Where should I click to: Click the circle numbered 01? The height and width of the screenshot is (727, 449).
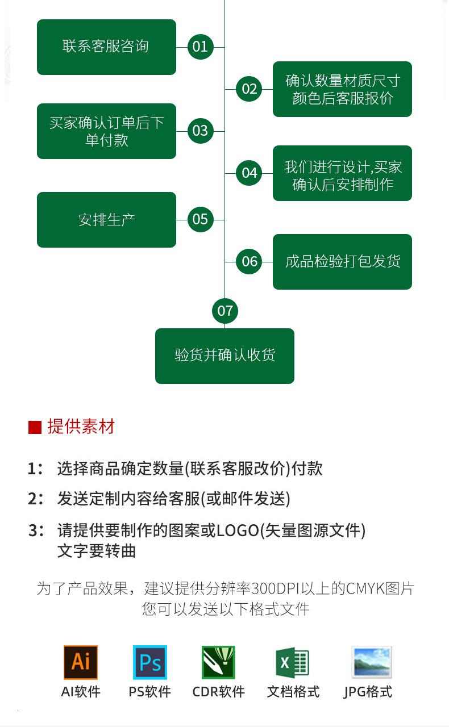(x=200, y=47)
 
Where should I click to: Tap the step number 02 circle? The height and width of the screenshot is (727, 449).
(x=250, y=89)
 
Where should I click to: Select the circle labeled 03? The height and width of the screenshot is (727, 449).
(x=200, y=131)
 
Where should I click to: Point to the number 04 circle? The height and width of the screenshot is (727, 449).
(x=250, y=173)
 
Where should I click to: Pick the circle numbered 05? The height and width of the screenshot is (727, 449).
(x=200, y=219)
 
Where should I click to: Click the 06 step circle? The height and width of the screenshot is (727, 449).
(x=250, y=261)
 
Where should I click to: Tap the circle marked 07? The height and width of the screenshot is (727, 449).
(x=225, y=311)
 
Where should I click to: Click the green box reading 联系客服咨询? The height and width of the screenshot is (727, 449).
(x=106, y=47)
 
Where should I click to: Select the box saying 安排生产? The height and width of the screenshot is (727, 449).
(x=106, y=220)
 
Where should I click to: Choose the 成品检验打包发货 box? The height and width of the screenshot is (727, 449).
(x=342, y=262)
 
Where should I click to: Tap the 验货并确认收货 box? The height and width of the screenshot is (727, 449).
(x=224, y=356)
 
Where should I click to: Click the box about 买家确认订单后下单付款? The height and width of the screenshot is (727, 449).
(x=106, y=131)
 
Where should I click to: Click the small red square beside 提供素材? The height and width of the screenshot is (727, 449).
(x=35, y=427)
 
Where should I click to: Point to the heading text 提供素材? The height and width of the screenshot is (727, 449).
(x=81, y=427)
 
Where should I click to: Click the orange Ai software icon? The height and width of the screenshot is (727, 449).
(x=81, y=662)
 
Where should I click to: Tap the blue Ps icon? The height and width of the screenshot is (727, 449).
(x=150, y=662)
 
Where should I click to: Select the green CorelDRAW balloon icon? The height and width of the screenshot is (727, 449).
(x=218, y=662)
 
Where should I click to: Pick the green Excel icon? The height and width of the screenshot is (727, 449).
(x=292, y=662)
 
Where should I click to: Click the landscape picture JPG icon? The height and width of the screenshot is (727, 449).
(x=371, y=662)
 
